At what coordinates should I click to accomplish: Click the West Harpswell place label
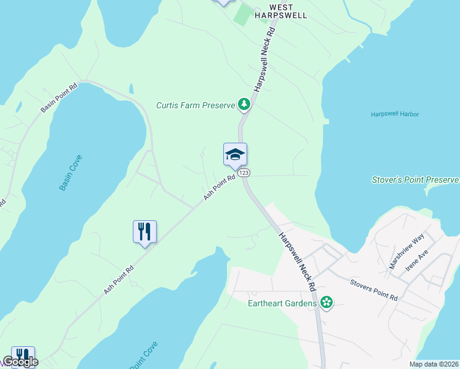tap(280, 10)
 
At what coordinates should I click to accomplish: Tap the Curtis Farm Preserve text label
tap(196, 105)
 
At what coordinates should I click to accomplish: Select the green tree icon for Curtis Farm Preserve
tap(245, 105)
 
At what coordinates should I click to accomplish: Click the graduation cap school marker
tap(235, 154)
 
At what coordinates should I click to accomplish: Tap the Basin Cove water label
tap(71, 173)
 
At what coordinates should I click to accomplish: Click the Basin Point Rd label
tap(60, 98)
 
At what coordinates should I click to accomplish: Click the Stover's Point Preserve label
tap(416, 180)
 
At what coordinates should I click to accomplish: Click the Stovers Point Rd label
tap(374, 290)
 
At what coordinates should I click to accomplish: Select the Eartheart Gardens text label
tap(282, 303)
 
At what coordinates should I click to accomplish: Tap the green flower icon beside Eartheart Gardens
tap(327, 303)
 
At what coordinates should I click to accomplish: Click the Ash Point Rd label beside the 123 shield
tap(220, 188)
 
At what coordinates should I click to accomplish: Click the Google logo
tap(20, 362)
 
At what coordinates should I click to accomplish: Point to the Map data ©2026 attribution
tap(434, 364)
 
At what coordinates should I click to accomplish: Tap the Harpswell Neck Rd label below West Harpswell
tap(264, 60)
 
